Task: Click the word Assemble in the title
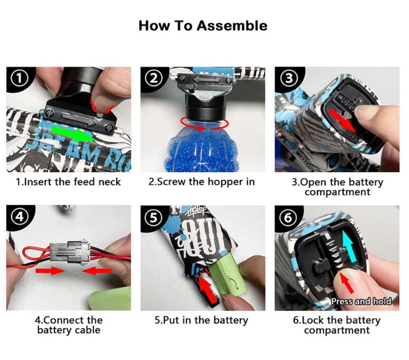point(232,26)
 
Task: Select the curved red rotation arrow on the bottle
point(205,124)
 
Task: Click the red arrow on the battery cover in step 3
point(342,121)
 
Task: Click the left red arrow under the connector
point(50,271)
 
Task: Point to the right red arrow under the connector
point(97,271)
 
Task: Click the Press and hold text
point(362,301)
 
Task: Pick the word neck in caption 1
point(110,182)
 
